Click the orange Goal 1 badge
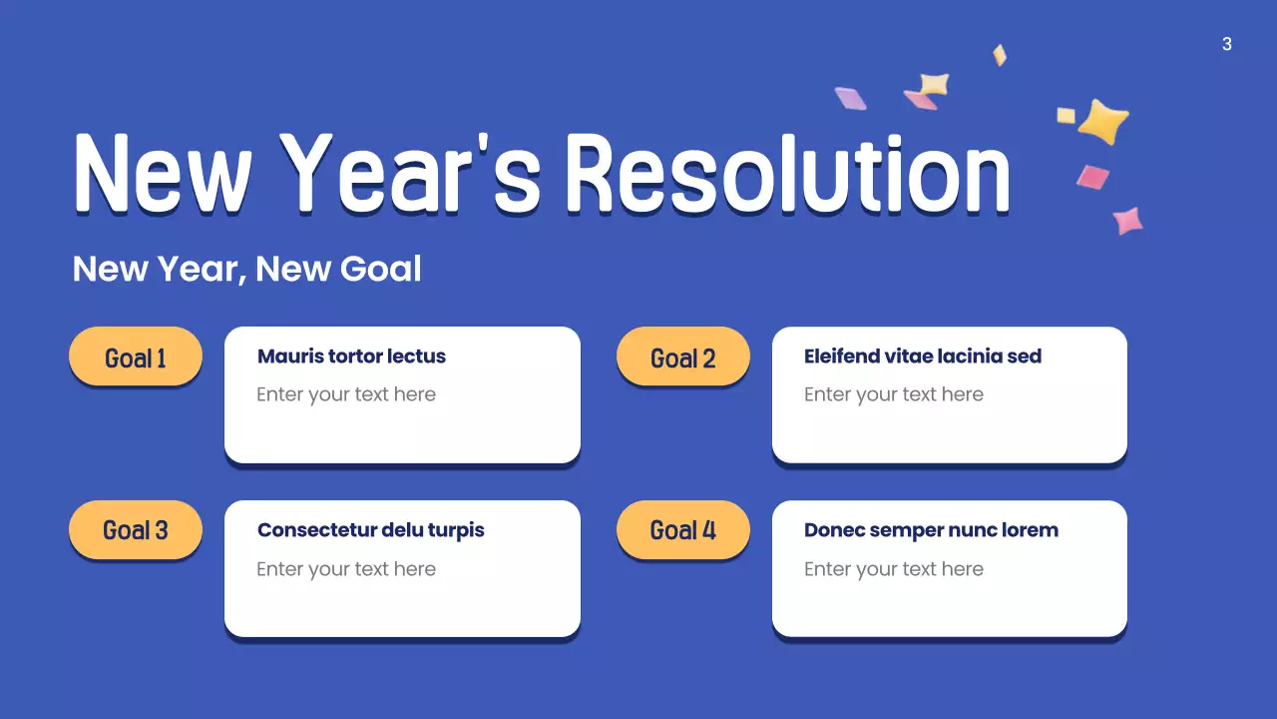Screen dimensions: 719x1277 coord(136,357)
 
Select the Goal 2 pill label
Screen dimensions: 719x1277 coord(682,357)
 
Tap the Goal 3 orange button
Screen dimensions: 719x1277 coord(136,530)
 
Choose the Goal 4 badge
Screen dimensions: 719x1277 coord(682,530)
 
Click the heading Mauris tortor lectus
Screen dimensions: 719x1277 coord(351,357)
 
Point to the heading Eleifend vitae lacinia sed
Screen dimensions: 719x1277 coord(922,357)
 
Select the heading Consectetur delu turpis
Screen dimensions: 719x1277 coord(370,530)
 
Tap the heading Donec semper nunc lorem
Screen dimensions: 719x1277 coord(931,530)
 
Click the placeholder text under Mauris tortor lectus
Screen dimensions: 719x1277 coord(346,394)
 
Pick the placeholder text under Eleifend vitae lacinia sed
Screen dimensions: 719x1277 coord(894,394)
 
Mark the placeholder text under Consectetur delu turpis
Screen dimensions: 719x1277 coord(346,569)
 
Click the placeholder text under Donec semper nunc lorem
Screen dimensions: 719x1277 coord(894,569)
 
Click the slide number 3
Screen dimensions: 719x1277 coord(1226,44)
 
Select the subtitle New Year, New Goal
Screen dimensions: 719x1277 coord(246,269)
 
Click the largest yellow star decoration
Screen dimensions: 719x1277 coord(1102,121)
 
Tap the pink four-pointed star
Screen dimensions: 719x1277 coord(1127,220)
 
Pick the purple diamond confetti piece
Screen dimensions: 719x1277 coord(850,98)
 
